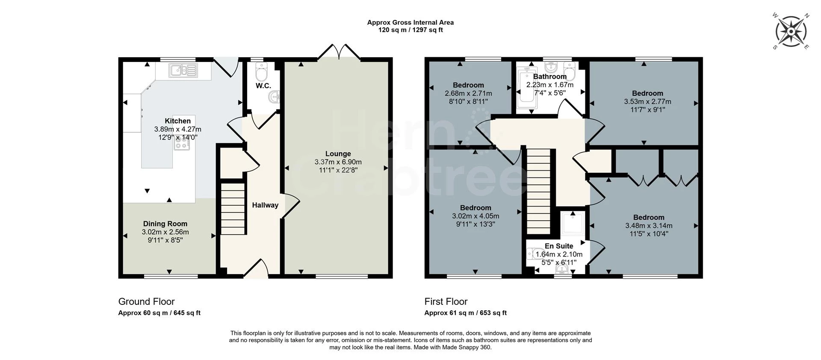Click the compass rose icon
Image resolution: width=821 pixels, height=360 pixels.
pos(791,31)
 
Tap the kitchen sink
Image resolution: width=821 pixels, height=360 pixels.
pos(183,70)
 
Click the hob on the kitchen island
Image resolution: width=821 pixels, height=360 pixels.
pos(182,145)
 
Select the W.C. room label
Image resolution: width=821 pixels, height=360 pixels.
pos(263,86)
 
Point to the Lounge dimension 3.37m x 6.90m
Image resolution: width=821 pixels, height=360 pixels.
pos(338,162)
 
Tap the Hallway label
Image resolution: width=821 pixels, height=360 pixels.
pos(265,205)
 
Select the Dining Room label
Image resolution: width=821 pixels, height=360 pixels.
pos(165,224)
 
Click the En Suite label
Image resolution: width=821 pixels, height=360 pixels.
pos(558,246)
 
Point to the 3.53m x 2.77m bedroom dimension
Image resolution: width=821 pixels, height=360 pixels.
pos(647,102)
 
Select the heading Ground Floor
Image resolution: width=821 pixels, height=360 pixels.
pos(146,301)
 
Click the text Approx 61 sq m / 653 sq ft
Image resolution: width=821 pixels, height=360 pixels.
pos(465,313)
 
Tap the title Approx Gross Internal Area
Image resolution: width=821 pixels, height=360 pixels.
pos(410,23)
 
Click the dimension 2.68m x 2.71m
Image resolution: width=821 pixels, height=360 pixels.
pos(468,93)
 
